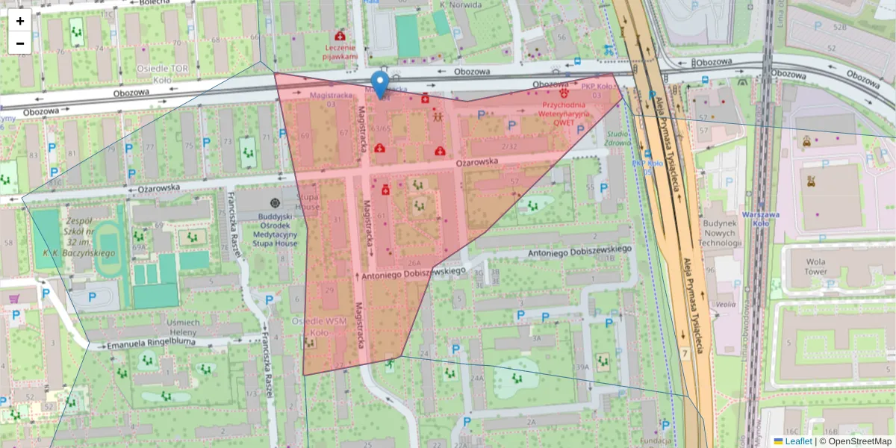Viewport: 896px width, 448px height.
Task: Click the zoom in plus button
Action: [20, 21]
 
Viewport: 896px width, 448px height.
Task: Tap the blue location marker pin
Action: [380, 85]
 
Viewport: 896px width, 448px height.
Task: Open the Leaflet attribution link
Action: [798, 441]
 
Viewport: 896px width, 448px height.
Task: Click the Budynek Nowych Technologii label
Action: [721, 233]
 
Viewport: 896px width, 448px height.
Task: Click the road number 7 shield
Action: [684, 352]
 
